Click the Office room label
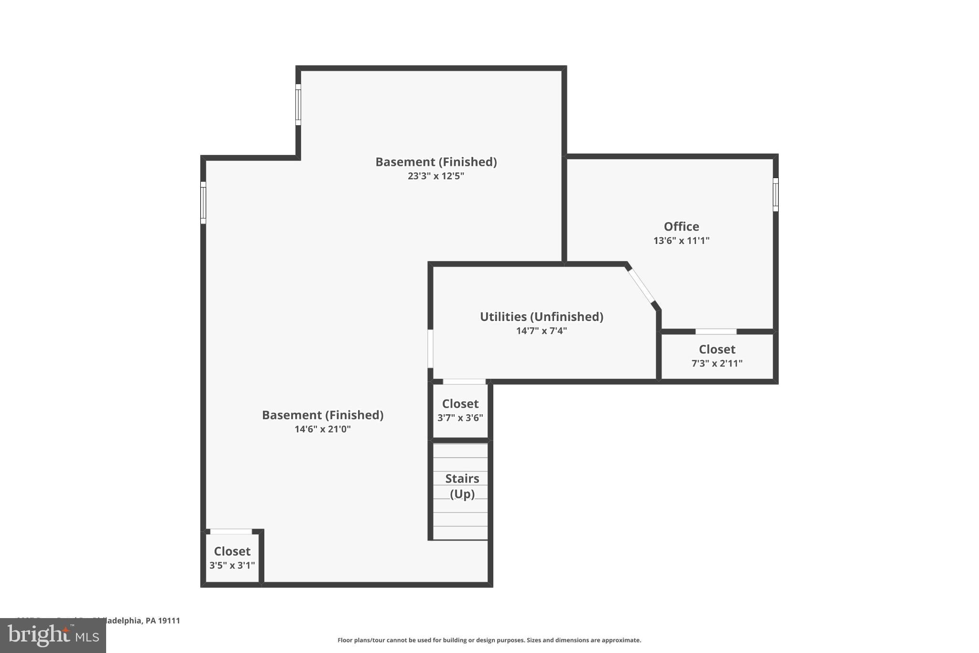click(x=681, y=226)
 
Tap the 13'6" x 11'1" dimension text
click(x=681, y=241)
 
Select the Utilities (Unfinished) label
click(x=541, y=317)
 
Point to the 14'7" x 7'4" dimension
click(x=541, y=331)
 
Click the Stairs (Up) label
click(x=462, y=486)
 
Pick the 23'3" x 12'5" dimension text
click(x=435, y=176)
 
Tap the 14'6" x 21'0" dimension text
click(x=322, y=429)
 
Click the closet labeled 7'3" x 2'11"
click(x=717, y=355)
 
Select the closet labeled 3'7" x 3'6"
click(x=460, y=410)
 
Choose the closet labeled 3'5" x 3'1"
click(x=232, y=557)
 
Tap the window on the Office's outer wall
click(x=775, y=195)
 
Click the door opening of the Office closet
click(x=716, y=332)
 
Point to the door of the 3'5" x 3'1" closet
click(x=231, y=531)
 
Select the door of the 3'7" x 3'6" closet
click(x=464, y=382)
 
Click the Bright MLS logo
click(x=53, y=635)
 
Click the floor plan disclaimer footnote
click(x=489, y=640)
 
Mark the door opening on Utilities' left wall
click(x=430, y=348)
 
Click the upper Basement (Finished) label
click(x=435, y=162)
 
